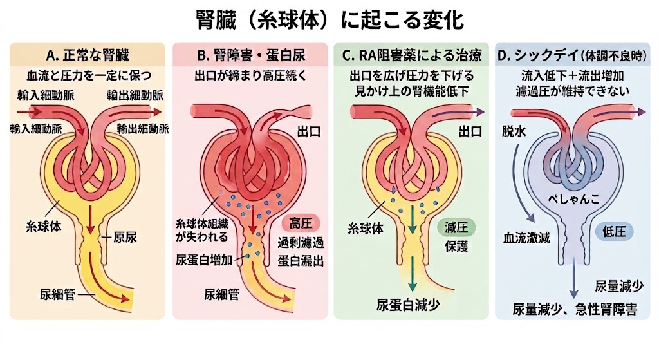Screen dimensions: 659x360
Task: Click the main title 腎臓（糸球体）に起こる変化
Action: [x=329, y=20]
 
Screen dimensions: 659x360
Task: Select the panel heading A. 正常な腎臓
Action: [x=88, y=55]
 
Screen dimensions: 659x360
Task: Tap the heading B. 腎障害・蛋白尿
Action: [x=251, y=55]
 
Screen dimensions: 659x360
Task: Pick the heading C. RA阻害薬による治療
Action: [x=412, y=55]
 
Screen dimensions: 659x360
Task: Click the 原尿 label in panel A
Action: [x=125, y=237]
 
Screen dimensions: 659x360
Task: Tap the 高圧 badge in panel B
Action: [x=301, y=223]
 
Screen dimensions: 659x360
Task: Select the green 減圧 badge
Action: [x=456, y=227]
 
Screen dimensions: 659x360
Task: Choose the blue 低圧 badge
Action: [x=614, y=231]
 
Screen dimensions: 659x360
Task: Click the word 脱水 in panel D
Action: [x=514, y=131]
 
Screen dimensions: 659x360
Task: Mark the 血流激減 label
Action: [x=526, y=238]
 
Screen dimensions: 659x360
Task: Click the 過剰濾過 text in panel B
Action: [x=301, y=243]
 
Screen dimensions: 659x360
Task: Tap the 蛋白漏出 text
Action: [x=301, y=261]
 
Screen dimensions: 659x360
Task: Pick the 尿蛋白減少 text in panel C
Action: [x=407, y=305]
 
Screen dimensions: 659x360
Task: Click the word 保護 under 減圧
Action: [x=456, y=247]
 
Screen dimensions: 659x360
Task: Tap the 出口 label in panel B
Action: [x=309, y=131]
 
